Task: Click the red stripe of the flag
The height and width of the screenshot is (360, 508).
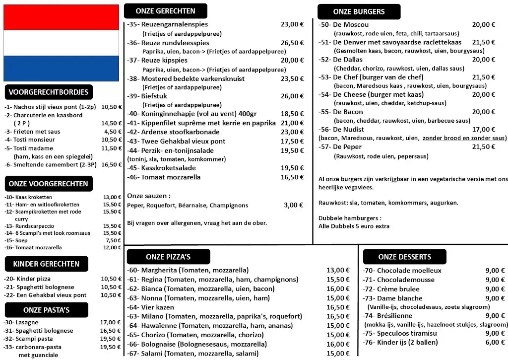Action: tap(61, 17)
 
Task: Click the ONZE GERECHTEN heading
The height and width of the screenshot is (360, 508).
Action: tap(165, 11)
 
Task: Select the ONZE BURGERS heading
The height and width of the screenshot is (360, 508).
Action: tap(359, 12)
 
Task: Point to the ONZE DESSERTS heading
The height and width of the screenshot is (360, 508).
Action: tap(404, 257)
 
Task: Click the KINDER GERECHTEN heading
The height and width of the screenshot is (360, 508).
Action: tap(46, 264)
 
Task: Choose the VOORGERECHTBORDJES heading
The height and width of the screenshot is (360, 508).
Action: tap(49, 92)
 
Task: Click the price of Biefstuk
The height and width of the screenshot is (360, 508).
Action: tap(292, 96)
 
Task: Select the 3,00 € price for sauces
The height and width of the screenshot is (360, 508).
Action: tap(293, 205)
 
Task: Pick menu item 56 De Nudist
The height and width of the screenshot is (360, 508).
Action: tap(347, 130)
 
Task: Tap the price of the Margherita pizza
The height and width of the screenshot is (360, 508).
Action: tap(338, 271)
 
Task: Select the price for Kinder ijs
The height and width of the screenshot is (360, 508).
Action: tap(495, 342)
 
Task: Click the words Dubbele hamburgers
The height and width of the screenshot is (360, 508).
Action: tap(350, 218)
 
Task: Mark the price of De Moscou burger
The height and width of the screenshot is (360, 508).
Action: tap(484, 25)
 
